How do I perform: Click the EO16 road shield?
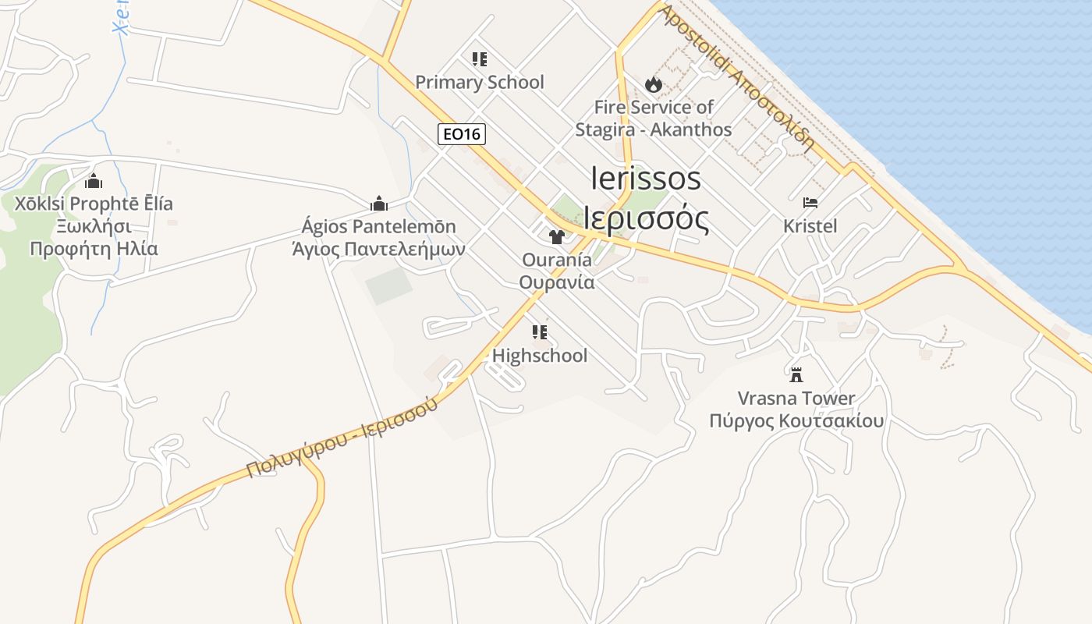461,134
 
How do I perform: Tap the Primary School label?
479,82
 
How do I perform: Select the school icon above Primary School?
479,58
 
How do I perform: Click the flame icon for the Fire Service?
653,83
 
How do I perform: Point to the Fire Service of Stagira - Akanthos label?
653,118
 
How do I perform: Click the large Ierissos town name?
646,179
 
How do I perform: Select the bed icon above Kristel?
810,203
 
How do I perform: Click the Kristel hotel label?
810,226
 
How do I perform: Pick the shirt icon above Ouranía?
556,236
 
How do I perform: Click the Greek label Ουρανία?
557,282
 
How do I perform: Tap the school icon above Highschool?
539,332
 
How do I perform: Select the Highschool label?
539,356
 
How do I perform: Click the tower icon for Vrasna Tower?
796,375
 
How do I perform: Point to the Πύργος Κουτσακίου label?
796,421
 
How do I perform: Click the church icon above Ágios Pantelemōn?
379,204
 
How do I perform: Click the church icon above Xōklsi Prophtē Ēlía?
94,181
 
